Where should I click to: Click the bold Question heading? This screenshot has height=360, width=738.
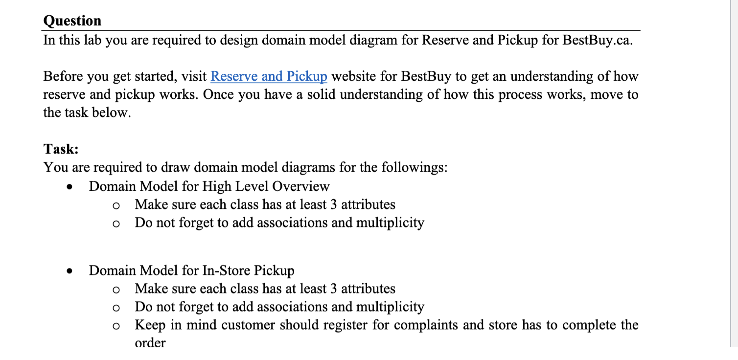[72, 21]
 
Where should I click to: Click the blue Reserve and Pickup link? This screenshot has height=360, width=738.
[269, 76]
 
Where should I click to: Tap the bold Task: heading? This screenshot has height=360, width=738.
[61, 149]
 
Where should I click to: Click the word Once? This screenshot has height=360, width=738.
[215, 94]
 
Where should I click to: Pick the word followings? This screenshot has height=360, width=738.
[416, 168]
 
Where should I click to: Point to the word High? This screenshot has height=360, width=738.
[217, 186]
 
